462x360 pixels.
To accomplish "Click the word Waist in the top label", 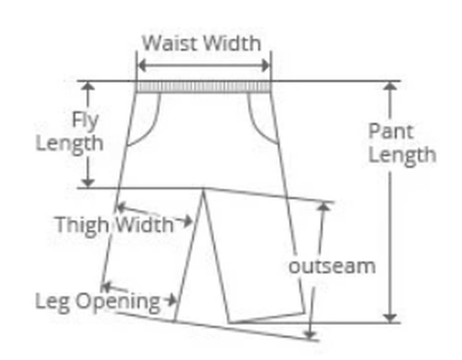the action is click(x=171, y=43).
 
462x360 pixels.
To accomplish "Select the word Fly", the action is click(x=85, y=121).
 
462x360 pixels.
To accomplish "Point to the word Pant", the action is click(x=390, y=132).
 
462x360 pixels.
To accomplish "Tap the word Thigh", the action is click(x=83, y=225).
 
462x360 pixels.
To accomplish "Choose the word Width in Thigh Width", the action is click(x=144, y=225).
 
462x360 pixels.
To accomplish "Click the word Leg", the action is click(x=53, y=301).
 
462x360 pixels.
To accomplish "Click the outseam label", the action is click(x=332, y=267).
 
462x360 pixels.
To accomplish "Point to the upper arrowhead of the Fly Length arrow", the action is click(x=88, y=86).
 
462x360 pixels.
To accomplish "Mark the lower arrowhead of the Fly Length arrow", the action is click(x=88, y=183).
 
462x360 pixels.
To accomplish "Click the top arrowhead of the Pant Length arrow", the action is click(x=391, y=86).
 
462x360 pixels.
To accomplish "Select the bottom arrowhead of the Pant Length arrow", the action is click(x=391, y=317).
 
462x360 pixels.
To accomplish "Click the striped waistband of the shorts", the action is click(x=203, y=87).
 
